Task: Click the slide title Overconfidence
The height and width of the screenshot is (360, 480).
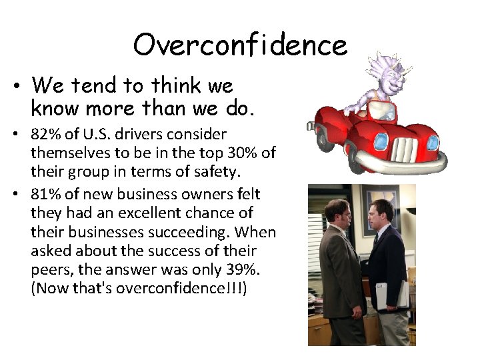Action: pos(240,45)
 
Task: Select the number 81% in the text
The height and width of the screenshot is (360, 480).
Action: pos(45,194)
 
